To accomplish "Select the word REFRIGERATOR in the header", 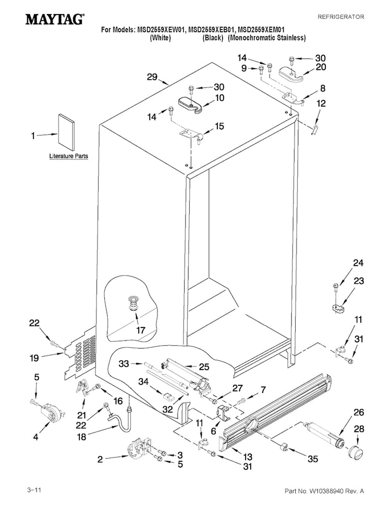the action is click(340, 17).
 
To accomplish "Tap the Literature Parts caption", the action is click(68, 156).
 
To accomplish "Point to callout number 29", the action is click(152, 77).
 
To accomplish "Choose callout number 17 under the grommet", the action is click(141, 330).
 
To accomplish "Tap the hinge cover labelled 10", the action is click(190, 105).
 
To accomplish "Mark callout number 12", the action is click(321, 104).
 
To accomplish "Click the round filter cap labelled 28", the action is click(356, 453).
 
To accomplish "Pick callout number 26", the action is click(359, 412).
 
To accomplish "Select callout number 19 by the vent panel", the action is click(34, 358).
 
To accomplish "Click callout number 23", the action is click(359, 281).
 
